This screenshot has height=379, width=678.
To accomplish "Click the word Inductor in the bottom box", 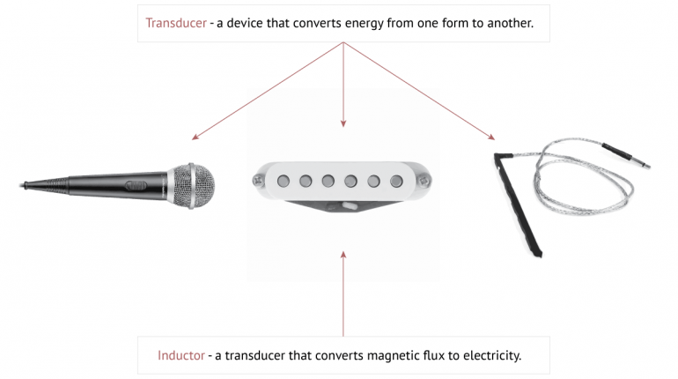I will tap(181, 356).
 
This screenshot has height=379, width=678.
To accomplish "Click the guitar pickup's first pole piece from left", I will tap(284, 181).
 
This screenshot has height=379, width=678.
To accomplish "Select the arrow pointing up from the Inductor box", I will tap(343, 291).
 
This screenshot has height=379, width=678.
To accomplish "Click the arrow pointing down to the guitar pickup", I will tap(343, 88).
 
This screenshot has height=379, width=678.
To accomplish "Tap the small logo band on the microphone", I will tap(139, 185).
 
